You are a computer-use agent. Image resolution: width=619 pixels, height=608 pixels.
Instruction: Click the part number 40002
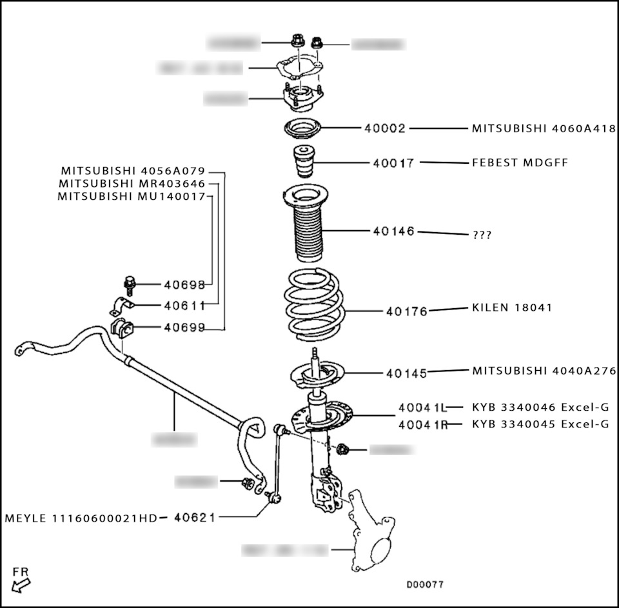click(384, 128)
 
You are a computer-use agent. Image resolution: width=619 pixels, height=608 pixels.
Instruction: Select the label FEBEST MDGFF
click(520, 162)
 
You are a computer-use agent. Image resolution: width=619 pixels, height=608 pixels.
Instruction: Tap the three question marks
click(482, 235)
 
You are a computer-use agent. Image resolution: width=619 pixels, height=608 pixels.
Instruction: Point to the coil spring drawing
click(314, 306)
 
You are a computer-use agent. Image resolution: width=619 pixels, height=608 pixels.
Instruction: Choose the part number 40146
click(393, 231)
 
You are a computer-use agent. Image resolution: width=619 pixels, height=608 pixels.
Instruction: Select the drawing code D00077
click(424, 585)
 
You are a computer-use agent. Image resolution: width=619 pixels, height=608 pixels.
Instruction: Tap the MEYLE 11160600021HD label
click(81, 518)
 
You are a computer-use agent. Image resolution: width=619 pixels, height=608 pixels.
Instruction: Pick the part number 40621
click(194, 518)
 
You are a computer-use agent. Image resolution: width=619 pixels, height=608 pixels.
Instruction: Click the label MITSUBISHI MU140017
click(131, 196)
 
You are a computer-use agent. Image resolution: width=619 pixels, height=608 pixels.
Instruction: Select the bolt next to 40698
click(129, 284)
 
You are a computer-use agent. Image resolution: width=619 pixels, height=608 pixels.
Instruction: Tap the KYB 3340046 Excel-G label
click(540, 407)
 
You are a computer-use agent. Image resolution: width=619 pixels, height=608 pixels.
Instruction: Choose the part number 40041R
click(422, 424)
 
